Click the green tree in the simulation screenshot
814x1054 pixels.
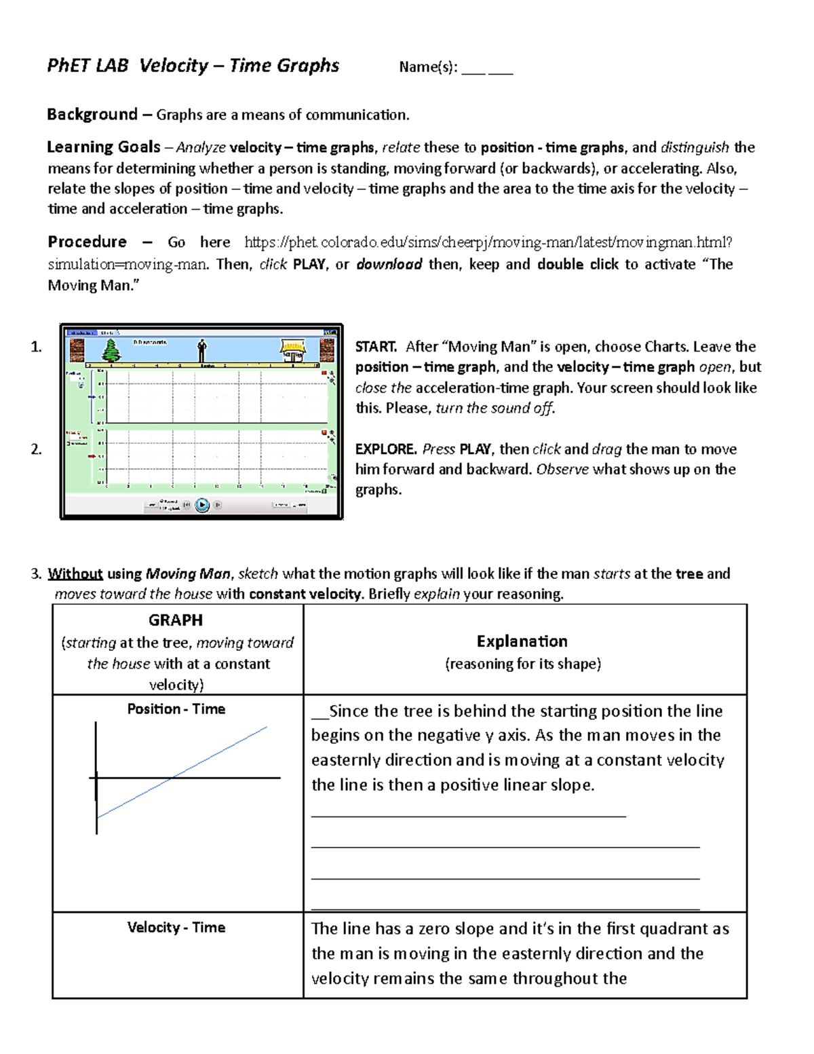pos(111,350)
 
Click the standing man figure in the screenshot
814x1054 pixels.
pos(201,350)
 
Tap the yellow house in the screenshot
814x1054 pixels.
pos(293,351)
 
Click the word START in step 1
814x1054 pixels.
pos(376,347)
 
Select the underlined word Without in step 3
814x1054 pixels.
pos(75,573)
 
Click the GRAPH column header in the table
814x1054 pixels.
pos(176,620)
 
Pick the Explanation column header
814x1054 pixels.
pos(522,641)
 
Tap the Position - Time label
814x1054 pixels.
pos(176,709)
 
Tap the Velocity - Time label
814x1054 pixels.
pos(176,927)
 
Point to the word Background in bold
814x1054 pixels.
pos(92,114)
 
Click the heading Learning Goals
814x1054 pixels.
pos(104,147)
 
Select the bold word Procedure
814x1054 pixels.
pos(87,242)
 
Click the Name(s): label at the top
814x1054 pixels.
pos(428,67)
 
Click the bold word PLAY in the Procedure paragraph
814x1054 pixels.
pos(309,264)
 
